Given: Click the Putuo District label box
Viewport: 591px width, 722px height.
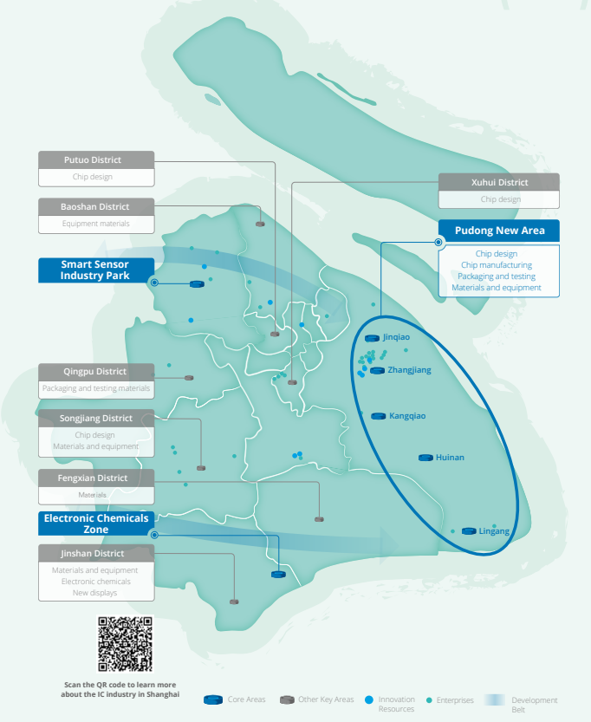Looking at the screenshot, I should pos(96,160).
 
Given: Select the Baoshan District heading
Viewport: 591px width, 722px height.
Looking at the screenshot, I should pos(96,207).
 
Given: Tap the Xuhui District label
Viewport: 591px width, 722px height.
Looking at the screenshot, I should pos(499,183).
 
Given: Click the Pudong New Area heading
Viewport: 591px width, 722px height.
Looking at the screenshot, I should pos(499,231).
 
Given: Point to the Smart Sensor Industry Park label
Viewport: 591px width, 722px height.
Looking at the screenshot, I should pos(95,270).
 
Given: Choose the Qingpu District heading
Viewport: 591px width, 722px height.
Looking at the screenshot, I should pos(96,372).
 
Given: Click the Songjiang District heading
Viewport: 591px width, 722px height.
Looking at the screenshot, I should pos(96,419).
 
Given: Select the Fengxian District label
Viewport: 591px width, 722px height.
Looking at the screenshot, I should pos(96,478).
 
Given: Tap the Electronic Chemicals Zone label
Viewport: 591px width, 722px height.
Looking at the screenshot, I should pos(95,524).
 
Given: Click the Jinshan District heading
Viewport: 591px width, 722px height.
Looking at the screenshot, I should pos(96,554).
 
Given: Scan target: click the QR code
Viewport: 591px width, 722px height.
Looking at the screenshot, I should pos(125,645).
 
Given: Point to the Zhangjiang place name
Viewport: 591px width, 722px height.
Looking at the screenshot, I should pos(409,370).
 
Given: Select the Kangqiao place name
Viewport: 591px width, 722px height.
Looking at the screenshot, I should pos(407,416).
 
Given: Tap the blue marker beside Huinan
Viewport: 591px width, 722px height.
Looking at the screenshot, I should pos(425,457).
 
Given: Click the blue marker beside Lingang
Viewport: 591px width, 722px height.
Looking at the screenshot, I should pos(469,530).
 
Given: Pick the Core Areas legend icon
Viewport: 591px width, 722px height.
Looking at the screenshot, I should pos(213,699).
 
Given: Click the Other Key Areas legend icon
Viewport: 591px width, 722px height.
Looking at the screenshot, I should pos(287,699).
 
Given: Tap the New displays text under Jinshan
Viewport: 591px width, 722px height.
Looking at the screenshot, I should pos(95,593).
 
